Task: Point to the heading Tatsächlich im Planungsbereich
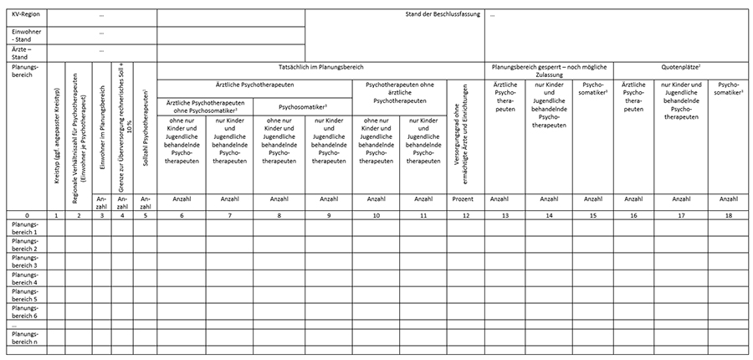click(320, 66)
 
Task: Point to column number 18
click(729, 215)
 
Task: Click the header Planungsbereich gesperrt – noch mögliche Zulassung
click(549, 70)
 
